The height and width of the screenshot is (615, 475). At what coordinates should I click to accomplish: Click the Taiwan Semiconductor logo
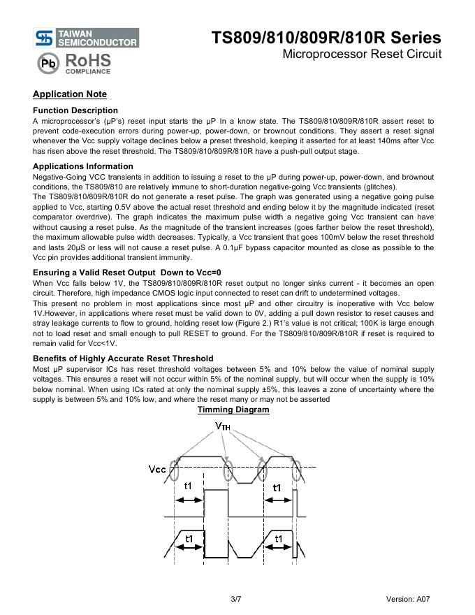click(86, 38)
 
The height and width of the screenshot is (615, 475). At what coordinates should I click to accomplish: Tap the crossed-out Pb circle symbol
click(47, 64)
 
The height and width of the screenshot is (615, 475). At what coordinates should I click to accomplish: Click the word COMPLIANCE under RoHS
click(88, 71)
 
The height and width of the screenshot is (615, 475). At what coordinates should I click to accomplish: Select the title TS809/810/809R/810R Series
click(326, 38)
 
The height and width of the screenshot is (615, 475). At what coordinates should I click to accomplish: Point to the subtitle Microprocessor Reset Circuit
click(362, 55)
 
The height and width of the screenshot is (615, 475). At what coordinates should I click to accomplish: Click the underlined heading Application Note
click(70, 94)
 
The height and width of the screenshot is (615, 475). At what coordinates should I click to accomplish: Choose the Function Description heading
click(75, 110)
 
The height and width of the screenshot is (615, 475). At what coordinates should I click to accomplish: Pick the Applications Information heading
click(82, 166)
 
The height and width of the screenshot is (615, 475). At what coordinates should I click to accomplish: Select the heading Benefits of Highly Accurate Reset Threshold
click(123, 359)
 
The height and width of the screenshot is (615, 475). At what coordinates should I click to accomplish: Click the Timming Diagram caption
click(233, 410)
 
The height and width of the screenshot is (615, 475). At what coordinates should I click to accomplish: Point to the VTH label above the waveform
click(223, 426)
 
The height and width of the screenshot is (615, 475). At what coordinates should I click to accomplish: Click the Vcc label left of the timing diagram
click(158, 468)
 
